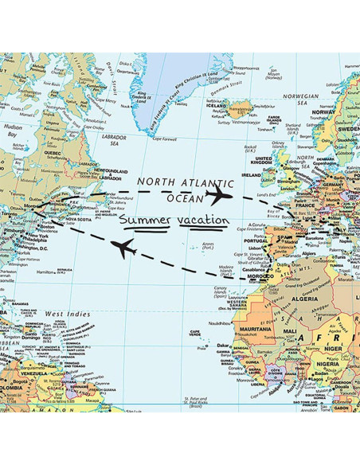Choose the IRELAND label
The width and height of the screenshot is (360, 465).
252,173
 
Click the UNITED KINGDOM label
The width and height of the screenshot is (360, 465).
262,162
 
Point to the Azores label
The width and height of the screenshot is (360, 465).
209,246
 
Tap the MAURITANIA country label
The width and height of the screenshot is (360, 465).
255,329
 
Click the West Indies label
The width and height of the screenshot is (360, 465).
66,315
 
